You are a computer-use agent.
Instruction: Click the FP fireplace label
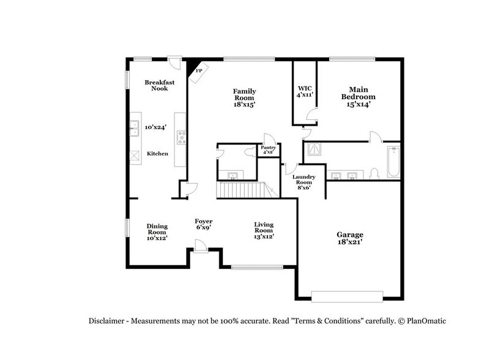pyautogui.click(x=199, y=71)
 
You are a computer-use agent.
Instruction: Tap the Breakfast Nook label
pyautogui.click(x=156, y=85)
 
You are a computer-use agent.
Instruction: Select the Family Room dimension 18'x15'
pyautogui.click(x=244, y=105)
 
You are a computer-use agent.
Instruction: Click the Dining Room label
pyautogui.click(x=157, y=229)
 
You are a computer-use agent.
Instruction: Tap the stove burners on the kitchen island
pyautogui.click(x=181, y=138)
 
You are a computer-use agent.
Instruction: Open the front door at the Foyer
pyautogui.click(x=199, y=246)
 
